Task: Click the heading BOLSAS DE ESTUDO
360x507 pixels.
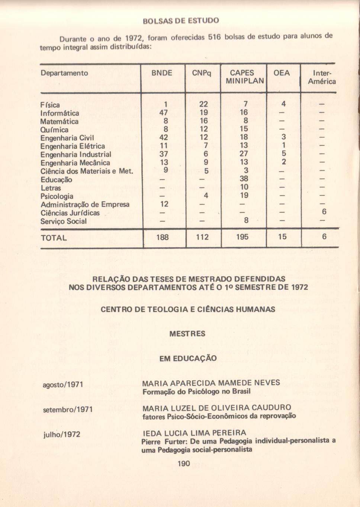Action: click(181, 20)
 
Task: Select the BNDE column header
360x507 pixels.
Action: click(162, 73)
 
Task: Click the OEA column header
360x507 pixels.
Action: click(282, 73)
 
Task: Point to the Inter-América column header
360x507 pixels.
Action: click(322, 77)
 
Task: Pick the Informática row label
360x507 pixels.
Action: click(60, 113)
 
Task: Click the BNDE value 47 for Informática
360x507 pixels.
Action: click(164, 113)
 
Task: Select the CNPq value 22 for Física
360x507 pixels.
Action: click(203, 105)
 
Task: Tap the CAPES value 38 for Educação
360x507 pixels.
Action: click(244, 179)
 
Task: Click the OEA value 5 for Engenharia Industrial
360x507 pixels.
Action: click(284, 154)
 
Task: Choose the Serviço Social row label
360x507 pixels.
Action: click(63, 221)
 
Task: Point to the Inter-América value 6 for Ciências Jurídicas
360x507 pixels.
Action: click(324, 212)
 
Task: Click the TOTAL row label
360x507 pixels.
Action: click(54, 238)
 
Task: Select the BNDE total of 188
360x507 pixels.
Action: click(163, 237)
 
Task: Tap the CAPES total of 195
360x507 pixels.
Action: click(242, 237)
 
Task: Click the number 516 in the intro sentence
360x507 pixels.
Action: click(214, 37)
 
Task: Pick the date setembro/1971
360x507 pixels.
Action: click(68, 410)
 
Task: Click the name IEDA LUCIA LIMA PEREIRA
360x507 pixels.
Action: click(194, 433)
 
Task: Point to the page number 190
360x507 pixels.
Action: click(184, 463)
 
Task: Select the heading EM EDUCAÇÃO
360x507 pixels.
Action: click(188, 359)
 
